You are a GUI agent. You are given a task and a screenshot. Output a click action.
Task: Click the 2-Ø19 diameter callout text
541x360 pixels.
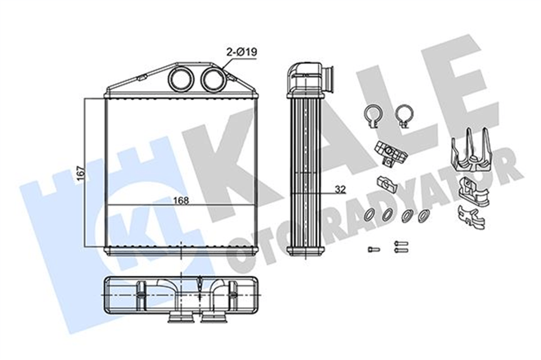tap(241, 52)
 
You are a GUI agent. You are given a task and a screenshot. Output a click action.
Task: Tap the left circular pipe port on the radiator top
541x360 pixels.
tap(181, 78)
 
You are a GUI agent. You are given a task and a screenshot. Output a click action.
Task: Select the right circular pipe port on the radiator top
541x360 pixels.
tap(213, 78)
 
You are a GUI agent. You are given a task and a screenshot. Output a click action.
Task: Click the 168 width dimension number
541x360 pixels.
tap(181, 200)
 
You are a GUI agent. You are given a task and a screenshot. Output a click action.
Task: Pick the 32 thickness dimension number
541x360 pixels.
tap(340, 189)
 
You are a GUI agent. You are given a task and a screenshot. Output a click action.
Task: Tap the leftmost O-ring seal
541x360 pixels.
tap(369, 215)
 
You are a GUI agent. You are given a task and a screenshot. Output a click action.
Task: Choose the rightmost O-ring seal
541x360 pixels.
tap(424, 216)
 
